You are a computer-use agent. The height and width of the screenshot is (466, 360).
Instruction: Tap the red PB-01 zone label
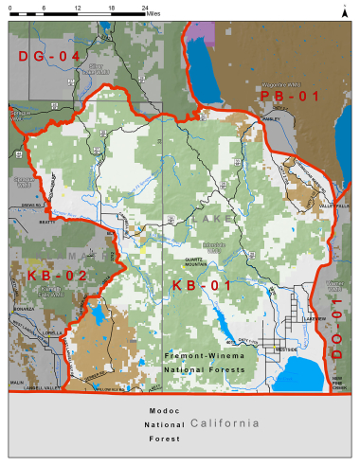click(289, 97)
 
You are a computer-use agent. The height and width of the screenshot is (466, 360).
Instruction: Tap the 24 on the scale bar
click(143, 7)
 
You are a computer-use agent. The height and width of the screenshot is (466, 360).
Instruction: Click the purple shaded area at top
click(199, 27)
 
